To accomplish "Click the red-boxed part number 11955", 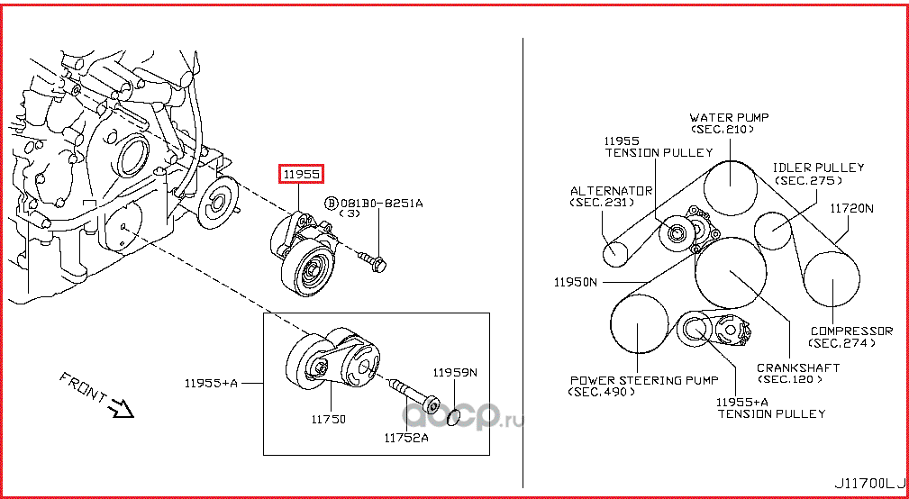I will (301, 175).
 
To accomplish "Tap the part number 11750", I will (328, 419).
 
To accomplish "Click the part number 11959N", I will (454, 372).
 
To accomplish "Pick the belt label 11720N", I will (851, 208).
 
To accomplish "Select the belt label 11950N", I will (576, 282).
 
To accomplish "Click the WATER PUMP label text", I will (729, 118).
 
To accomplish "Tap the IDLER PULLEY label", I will (818, 168).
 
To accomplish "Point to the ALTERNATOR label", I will (611, 191).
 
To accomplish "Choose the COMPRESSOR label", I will (850, 331).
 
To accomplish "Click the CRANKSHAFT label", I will (797, 367).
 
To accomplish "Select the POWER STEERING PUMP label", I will (643, 380).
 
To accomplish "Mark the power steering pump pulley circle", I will (639, 324).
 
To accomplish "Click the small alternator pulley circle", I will (614, 253).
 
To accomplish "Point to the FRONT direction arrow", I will (119, 409).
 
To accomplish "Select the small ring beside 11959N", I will (454, 415).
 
